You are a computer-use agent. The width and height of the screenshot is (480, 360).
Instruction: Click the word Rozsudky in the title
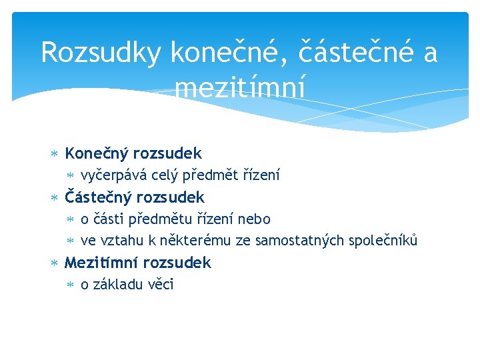(x=100, y=53)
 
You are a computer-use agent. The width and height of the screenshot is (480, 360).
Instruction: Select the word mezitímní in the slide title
(x=240, y=87)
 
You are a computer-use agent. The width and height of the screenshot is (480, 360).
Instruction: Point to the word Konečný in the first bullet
(x=97, y=154)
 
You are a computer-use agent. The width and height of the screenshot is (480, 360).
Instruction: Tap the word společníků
(x=381, y=241)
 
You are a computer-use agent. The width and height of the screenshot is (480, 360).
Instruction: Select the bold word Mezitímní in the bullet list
(x=101, y=263)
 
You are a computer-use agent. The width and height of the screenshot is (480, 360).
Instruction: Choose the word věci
(x=163, y=285)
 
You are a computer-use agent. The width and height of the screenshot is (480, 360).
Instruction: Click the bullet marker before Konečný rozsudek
(x=55, y=155)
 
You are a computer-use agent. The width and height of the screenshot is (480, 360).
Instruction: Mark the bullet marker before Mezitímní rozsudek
(x=55, y=263)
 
